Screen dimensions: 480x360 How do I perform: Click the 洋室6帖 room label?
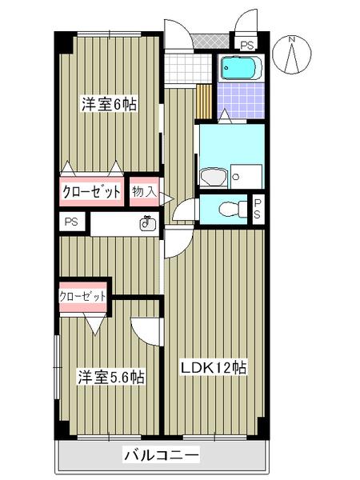pos(108,104)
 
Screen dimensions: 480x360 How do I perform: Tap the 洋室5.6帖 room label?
pos(110,376)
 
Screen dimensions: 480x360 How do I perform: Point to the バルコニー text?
pos(161,456)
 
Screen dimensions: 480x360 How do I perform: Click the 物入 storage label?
pos(144,191)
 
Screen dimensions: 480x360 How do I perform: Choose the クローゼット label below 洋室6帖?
pos(92,192)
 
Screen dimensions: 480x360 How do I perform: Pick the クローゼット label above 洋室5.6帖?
pos(82,296)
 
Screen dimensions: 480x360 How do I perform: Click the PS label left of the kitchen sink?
pos(70,223)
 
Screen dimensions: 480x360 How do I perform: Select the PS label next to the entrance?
pos(244,43)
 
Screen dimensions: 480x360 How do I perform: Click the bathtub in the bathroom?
pos(239,69)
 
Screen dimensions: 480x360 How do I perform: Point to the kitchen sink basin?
pos(146,224)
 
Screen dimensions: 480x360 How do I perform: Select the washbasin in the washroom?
pos(213,176)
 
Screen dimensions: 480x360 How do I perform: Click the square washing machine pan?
pos(246,176)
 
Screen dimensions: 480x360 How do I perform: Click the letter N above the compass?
pos(293,38)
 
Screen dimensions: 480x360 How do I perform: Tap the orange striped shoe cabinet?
pos(205,100)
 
